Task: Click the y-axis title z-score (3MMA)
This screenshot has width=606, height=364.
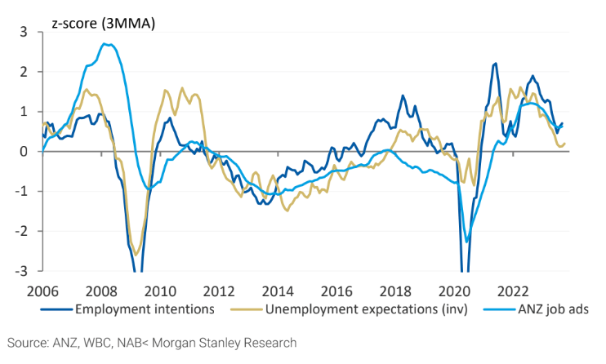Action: point(103,24)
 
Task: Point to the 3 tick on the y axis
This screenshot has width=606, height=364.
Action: point(24,32)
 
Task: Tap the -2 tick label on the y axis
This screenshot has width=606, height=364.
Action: point(21,231)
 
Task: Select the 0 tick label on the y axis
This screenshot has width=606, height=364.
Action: point(24,152)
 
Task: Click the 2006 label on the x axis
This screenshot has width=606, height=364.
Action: point(42,291)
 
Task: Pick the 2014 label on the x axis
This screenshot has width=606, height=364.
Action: point(278,291)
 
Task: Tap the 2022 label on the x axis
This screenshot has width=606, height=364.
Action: point(513,291)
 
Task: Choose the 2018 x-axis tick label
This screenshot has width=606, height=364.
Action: point(395,291)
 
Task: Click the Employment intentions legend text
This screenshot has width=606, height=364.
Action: point(145,309)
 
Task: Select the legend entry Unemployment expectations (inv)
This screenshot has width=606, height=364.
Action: point(367,309)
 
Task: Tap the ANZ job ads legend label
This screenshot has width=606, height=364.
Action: point(553,309)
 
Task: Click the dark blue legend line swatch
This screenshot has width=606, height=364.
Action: point(56,309)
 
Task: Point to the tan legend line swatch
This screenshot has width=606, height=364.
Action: point(247,309)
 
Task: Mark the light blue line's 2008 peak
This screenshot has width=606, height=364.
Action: point(105,44)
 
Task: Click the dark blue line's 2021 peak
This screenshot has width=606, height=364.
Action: point(496,64)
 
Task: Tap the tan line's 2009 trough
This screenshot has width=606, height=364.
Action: point(136,255)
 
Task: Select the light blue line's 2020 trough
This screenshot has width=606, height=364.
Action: point(466,242)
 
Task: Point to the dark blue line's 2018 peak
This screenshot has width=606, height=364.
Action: point(403,95)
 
